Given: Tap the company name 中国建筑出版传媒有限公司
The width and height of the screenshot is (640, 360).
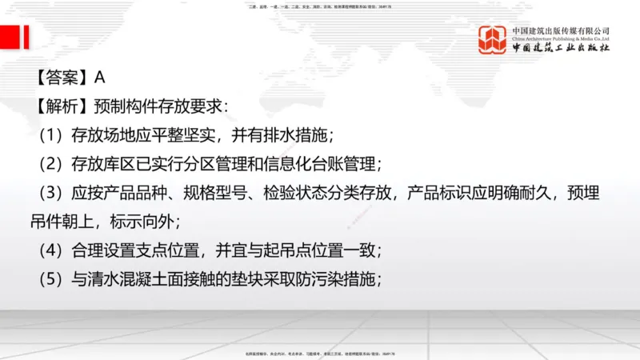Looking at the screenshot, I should point(561,30).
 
